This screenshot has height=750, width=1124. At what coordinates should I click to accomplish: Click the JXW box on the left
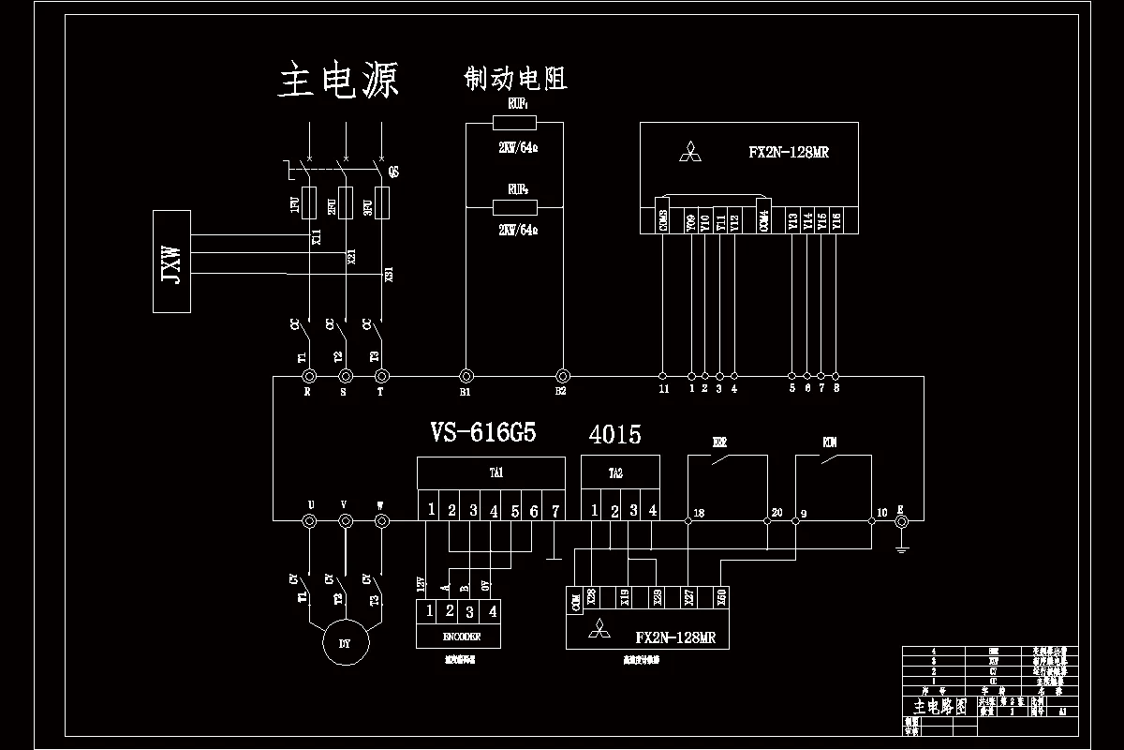coord(171,262)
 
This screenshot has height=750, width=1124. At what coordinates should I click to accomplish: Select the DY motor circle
coord(346,642)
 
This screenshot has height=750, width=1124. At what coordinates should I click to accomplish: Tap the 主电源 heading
coord(339,81)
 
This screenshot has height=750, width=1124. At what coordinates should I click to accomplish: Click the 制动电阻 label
coord(515,79)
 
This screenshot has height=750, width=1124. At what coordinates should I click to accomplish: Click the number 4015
coord(614,435)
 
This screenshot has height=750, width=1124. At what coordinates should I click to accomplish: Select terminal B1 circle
coord(465,374)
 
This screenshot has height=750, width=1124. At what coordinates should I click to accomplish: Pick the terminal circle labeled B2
coord(563,374)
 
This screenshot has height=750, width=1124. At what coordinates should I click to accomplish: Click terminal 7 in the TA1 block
coord(555,511)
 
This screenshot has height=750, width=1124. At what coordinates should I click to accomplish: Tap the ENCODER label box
coord(460,637)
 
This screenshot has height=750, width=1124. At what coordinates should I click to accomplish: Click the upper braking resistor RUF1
coord(514,123)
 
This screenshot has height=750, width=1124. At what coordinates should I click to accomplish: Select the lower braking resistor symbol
coord(514,207)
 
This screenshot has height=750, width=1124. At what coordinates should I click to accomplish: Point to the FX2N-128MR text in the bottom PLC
coord(675,637)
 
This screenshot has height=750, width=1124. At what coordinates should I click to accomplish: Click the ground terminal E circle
coord(901,520)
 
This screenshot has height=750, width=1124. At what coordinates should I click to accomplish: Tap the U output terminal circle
coord(311,520)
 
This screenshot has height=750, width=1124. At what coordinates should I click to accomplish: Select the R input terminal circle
coord(308,375)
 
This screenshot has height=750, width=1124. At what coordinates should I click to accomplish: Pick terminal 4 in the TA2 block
coord(653,511)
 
